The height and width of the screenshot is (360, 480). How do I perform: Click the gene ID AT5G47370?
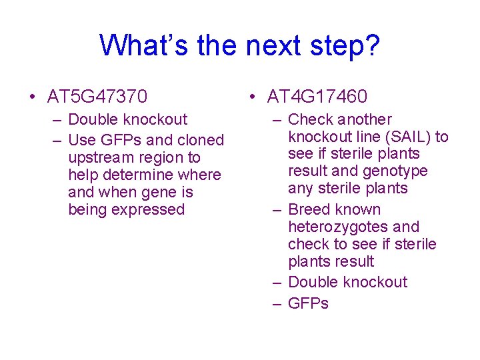(97, 97)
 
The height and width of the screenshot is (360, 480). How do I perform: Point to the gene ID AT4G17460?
(317, 97)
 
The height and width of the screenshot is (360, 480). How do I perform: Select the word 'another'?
(364, 119)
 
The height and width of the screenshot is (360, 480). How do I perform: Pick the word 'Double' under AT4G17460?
(312, 282)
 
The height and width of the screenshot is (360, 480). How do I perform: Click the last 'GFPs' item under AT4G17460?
(308, 303)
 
